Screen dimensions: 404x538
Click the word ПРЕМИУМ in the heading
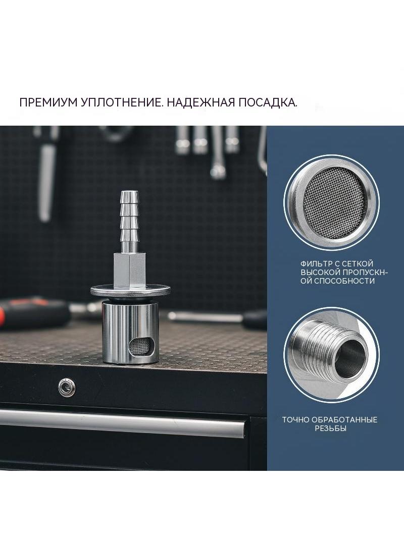point(47,102)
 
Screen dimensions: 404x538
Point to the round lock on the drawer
point(67,387)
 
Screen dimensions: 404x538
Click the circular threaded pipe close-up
point(331,354)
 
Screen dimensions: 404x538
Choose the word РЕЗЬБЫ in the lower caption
point(331,428)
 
